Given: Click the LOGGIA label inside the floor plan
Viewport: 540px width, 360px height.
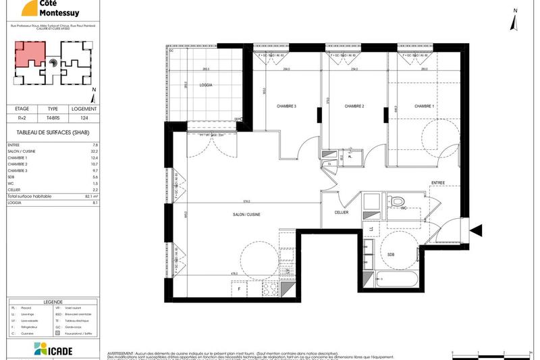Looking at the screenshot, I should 206,85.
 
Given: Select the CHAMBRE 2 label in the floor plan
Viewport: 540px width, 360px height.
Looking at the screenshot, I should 354,106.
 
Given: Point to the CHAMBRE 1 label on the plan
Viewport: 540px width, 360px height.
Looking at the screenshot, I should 424,106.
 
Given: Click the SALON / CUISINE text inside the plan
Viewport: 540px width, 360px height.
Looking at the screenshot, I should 246,214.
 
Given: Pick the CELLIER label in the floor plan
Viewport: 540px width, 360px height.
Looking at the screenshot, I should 342,212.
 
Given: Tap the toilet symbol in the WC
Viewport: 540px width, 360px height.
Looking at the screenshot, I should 398,201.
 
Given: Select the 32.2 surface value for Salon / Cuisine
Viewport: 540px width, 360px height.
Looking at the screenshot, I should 94,151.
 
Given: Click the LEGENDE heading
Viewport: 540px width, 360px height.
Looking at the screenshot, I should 53,302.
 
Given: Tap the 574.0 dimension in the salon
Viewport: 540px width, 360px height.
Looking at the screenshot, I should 247,201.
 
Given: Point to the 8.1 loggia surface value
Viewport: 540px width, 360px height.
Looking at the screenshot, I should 95,202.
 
